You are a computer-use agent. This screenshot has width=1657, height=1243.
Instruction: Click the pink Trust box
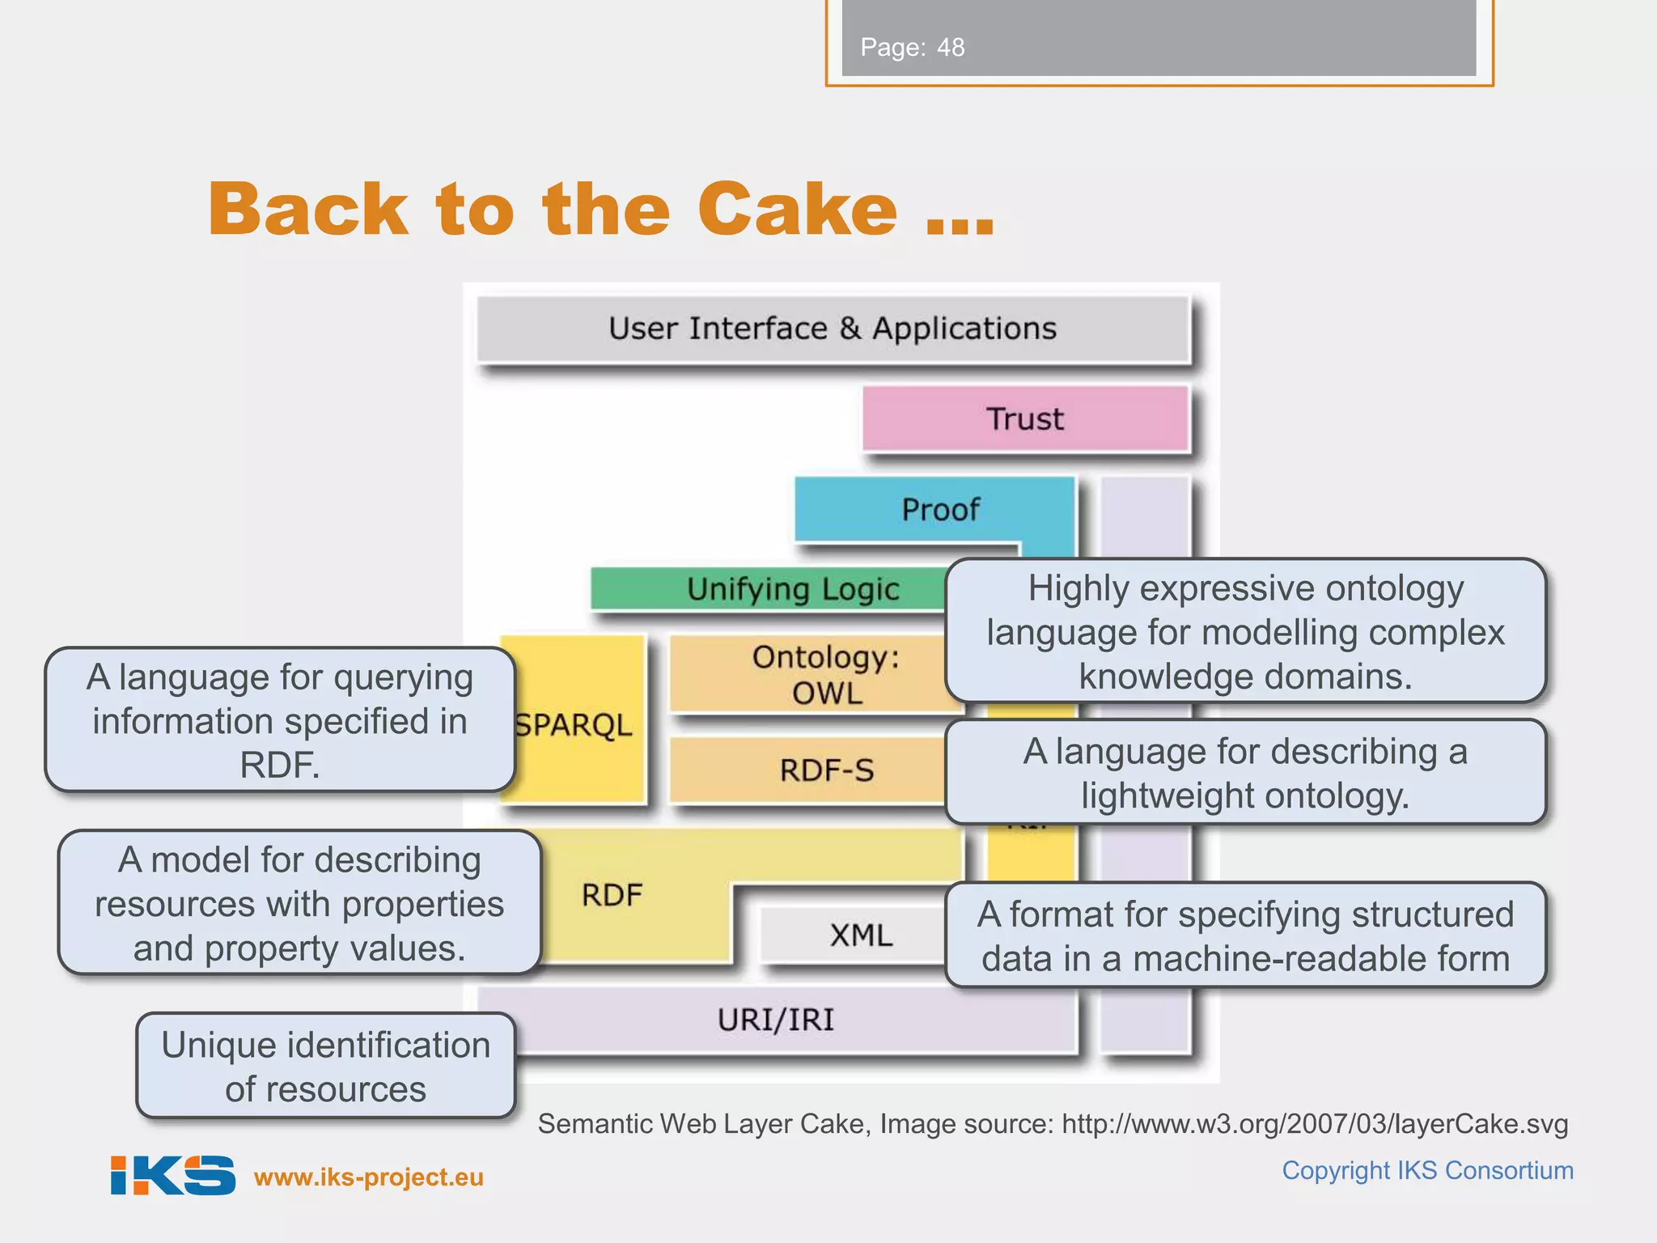coord(1025,419)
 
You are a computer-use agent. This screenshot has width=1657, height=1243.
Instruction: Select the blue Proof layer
coord(939,510)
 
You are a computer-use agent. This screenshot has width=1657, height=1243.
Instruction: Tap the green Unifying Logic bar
coord(769,589)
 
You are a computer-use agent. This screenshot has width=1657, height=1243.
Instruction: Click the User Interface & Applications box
coord(833,329)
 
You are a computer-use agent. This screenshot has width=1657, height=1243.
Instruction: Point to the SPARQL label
coord(574,725)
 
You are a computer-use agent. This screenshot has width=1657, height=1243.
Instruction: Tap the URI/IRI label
coord(776,1020)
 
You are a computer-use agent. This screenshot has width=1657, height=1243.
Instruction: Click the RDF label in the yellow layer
coord(612,895)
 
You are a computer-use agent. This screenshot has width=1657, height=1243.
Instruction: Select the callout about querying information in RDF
coord(280,720)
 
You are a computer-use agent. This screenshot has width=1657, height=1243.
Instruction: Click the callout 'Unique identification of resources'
coord(325,1067)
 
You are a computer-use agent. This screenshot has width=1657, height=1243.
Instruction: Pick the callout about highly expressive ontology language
coord(1245,631)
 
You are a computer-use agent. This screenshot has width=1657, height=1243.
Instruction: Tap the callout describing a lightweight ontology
coord(1245,773)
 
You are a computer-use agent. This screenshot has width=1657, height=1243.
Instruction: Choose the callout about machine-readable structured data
coord(1245,935)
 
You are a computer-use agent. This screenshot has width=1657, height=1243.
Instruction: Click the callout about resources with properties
coord(299,903)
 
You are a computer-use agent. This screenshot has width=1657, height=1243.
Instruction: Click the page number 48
coord(951,48)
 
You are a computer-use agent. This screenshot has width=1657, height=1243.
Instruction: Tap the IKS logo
coord(172,1175)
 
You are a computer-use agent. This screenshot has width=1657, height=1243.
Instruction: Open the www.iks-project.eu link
coord(369,1177)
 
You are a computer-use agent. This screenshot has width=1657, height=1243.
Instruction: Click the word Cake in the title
coord(798,209)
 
